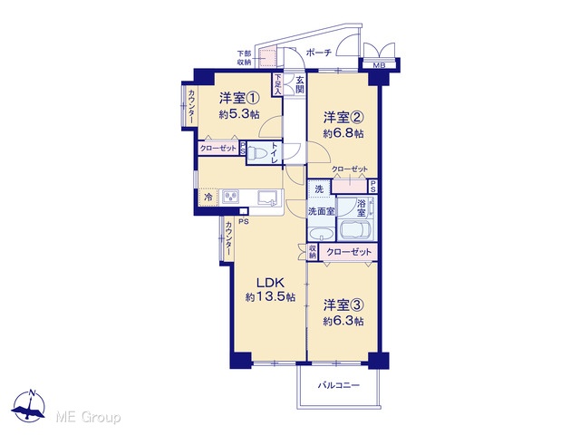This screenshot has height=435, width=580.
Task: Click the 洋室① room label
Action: point(238,98)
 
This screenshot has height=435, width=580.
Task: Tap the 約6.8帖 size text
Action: point(343,133)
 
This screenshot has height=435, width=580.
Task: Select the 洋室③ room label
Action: point(343,305)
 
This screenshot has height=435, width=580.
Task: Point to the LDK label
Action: point(270,283)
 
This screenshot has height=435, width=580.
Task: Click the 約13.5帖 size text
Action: point(270,297)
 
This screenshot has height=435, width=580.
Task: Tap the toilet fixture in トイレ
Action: point(255,153)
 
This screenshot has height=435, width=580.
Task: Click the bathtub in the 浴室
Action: point(355,230)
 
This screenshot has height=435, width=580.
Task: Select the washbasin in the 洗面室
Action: point(322,234)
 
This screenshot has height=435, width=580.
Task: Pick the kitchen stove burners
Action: point(230,197)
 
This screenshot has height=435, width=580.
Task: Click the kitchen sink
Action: point(267,198)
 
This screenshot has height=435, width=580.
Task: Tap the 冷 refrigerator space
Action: point(209,198)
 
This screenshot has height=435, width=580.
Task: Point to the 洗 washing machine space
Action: point(319,189)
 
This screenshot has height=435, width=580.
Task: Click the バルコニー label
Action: point(339,386)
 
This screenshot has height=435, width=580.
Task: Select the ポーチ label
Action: point(319,53)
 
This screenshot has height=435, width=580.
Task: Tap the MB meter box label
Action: point(379,66)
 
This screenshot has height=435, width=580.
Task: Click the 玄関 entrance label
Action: point(300,84)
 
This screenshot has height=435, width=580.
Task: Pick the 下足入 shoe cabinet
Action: point(277,84)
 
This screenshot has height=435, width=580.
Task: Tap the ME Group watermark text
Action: point(89,418)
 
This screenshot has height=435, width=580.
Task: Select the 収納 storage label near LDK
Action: point(313,252)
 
